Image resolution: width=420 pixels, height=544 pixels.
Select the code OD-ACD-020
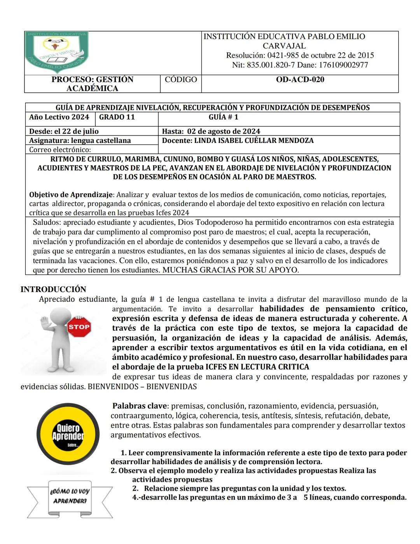point(300,79)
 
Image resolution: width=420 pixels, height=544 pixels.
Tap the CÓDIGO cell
point(181,79)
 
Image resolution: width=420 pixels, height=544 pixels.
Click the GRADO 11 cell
point(117,117)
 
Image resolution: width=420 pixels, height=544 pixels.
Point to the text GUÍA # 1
point(223,117)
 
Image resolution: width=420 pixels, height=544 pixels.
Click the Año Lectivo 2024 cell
point(59,117)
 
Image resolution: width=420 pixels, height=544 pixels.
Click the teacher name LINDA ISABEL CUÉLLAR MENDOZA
point(254,141)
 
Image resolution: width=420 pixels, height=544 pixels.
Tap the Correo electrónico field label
point(60,150)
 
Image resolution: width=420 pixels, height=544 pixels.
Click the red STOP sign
point(79,327)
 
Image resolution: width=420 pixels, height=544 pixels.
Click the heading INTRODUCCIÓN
point(53,289)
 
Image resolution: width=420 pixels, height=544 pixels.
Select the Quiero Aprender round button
point(68,434)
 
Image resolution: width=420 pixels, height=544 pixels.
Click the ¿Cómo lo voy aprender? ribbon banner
point(70,496)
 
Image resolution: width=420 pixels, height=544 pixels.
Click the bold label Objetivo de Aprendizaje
point(70,195)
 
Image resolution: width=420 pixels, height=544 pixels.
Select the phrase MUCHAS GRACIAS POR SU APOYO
point(230,270)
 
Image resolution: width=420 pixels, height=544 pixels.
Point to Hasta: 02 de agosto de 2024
point(211,131)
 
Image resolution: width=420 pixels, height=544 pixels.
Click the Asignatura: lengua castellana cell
point(80,141)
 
